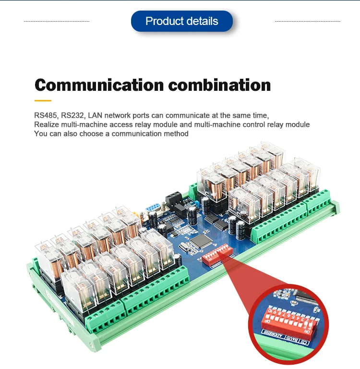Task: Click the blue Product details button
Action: click(x=181, y=21)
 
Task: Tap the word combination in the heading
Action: click(x=219, y=85)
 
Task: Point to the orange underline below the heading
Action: click(x=43, y=100)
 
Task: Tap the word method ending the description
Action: click(x=176, y=134)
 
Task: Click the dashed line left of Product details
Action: click(x=57, y=21)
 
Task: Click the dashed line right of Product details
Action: click(x=307, y=21)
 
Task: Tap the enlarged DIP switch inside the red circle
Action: click(x=288, y=322)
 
